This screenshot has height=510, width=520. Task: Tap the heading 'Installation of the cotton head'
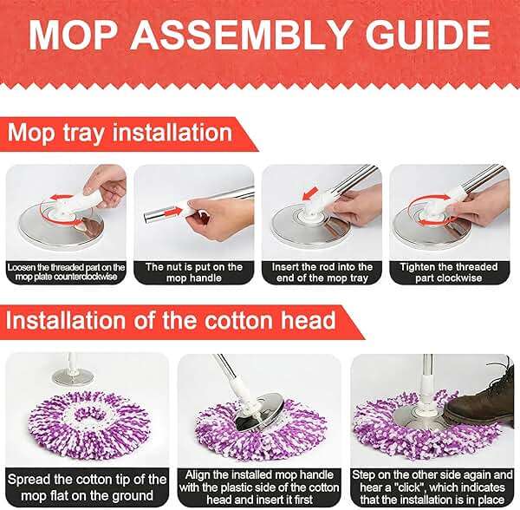[172, 319]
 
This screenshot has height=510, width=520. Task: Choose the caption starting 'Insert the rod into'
[322, 271]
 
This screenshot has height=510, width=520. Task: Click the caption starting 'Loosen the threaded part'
[66, 271]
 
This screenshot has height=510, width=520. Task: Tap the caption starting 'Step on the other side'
[433, 485]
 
